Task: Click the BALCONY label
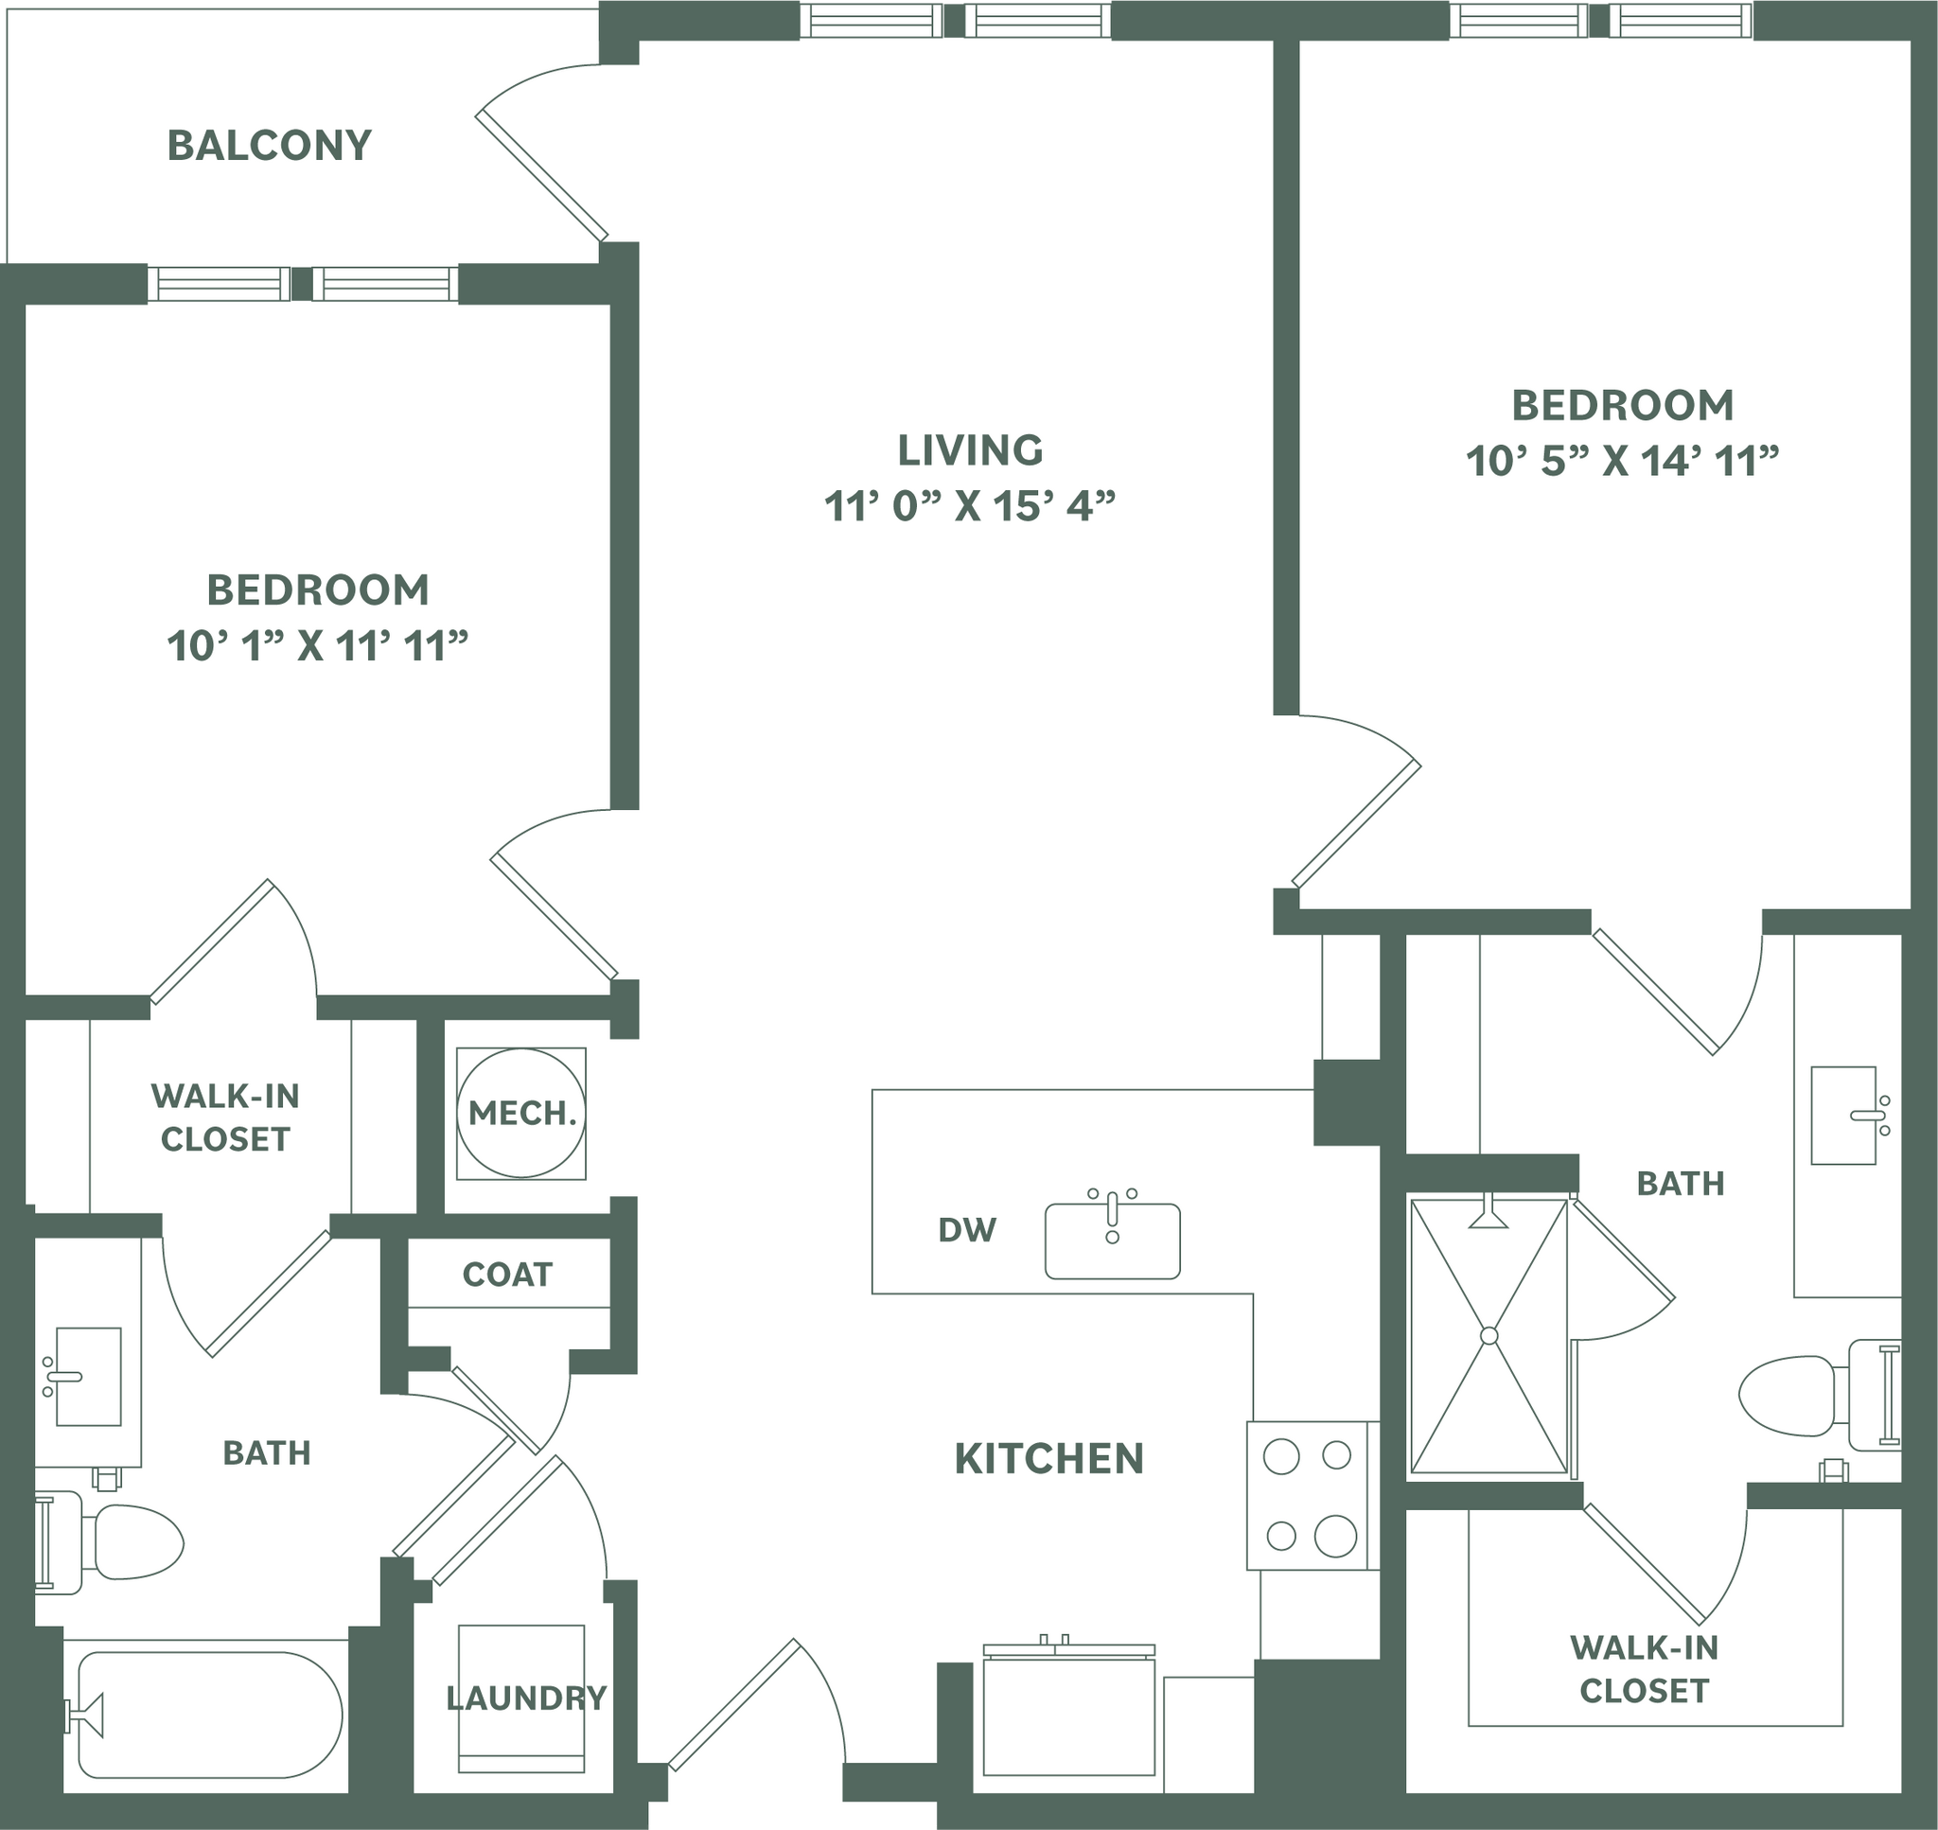pyautogui.click(x=269, y=146)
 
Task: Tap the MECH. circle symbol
pyautogui.click(x=520, y=1113)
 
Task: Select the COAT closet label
pyautogui.click(x=507, y=1274)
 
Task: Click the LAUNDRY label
pyautogui.click(x=526, y=1698)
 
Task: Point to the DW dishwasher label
pyautogui.click(x=966, y=1230)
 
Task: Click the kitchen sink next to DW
pyautogui.click(x=1112, y=1241)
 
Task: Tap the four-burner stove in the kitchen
pyautogui.click(x=1311, y=1495)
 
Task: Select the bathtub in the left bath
pyautogui.click(x=209, y=1715)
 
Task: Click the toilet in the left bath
pyautogui.click(x=127, y=1542)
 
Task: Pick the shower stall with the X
pyautogui.click(x=1489, y=1335)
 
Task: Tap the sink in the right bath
pyautogui.click(x=1843, y=1115)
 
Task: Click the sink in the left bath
pyautogui.click(x=88, y=1377)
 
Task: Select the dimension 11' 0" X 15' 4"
pyautogui.click(x=970, y=506)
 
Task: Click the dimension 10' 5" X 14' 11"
pyautogui.click(x=1622, y=461)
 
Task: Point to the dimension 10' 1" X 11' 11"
pyautogui.click(x=317, y=645)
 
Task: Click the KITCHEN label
pyautogui.click(x=1048, y=1459)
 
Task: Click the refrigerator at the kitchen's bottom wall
pyautogui.click(x=1069, y=1716)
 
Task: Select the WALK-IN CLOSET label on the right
pyautogui.click(x=1644, y=1669)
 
